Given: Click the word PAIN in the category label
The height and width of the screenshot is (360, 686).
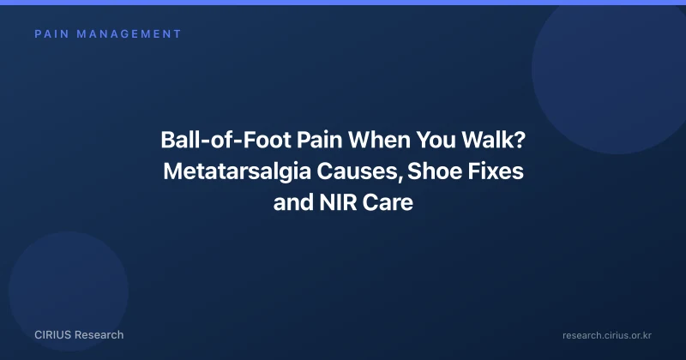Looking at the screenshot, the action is pyautogui.click(x=52, y=34).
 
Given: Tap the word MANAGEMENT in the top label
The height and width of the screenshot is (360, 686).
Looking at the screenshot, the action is pyautogui.click(x=129, y=34).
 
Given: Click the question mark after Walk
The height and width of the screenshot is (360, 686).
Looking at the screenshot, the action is pyautogui.click(x=520, y=140).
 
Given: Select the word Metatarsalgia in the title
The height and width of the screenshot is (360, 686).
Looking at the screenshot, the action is pyautogui.click(x=238, y=171).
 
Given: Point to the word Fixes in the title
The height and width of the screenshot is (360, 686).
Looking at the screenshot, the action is pyautogui.click(x=496, y=171).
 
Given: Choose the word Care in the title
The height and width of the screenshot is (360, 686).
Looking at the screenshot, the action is pyautogui.click(x=388, y=202).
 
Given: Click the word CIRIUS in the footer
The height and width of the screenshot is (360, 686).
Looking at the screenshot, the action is pyautogui.click(x=53, y=335).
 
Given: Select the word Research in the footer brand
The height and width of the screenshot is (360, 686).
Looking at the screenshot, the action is pyautogui.click(x=99, y=335).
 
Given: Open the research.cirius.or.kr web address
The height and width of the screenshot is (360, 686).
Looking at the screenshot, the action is pyautogui.click(x=607, y=335).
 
